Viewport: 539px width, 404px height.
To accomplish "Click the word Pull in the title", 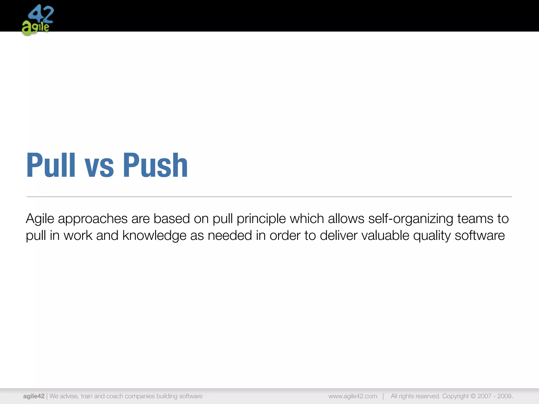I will [51, 165].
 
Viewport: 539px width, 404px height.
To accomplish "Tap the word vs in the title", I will [99, 168].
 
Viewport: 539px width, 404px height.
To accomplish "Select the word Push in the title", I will [155, 165].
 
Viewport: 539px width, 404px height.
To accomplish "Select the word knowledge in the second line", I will [154, 236].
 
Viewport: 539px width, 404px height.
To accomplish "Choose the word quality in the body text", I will [432, 236].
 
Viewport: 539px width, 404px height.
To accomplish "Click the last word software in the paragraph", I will [480, 235].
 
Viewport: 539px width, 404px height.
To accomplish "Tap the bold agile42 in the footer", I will [34, 396].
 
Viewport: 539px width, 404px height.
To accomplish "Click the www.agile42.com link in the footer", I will [353, 396].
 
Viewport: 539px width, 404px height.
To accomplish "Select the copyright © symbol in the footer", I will [473, 396].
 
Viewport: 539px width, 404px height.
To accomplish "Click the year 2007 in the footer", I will [484, 396].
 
